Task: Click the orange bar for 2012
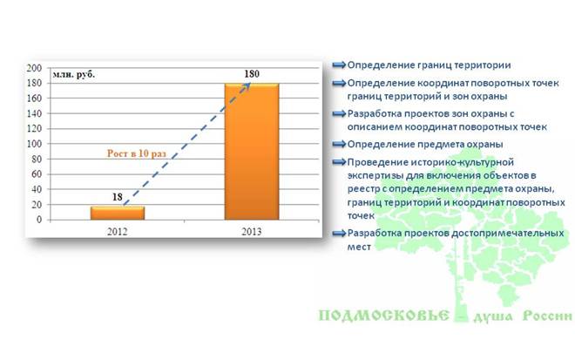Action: (x=118, y=213)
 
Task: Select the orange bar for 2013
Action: (x=252, y=152)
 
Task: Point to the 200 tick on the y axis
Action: (x=35, y=68)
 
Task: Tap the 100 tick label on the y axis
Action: (x=35, y=144)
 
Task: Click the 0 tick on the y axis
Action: (x=39, y=220)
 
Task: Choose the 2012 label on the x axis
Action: (x=118, y=232)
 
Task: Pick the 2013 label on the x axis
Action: (x=252, y=232)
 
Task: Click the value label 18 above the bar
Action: (x=118, y=197)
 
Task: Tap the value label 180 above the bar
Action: (x=252, y=74)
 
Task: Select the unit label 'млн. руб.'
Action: (x=74, y=74)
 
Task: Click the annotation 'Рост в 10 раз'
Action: (x=137, y=153)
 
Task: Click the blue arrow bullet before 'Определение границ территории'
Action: (x=339, y=65)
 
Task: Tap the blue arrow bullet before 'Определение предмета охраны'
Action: (x=339, y=144)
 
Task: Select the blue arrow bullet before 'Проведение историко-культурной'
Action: (x=339, y=162)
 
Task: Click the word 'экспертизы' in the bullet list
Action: (x=375, y=176)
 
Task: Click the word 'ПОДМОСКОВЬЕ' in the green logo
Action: (x=383, y=316)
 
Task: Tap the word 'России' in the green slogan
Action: (x=547, y=316)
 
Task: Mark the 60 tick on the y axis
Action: (x=37, y=174)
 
